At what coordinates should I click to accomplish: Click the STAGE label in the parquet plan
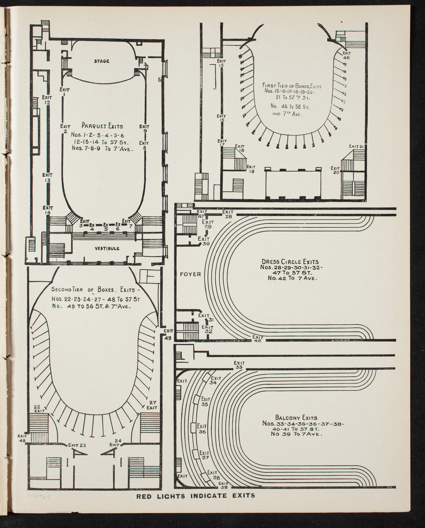tap(101, 61)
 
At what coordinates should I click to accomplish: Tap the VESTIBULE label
tap(107, 248)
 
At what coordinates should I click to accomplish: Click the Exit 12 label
tap(47, 100)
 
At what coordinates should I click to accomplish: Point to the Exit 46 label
tap(346, 55)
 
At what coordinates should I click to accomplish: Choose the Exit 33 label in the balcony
tap(239, 365)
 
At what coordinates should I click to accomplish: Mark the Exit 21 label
tap(356, 146)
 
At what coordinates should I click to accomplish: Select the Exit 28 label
tap(228, 214)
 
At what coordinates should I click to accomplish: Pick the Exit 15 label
tap(221, 63)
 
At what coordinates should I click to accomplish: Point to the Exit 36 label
tap(202, 429)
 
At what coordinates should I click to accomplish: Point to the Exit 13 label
tap(48, 178)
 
